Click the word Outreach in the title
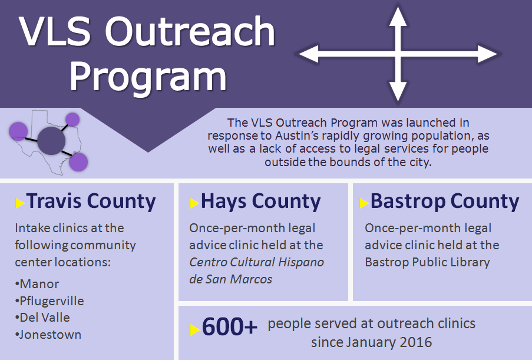[x=190, y=31]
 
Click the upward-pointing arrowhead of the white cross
[x=398, y=16]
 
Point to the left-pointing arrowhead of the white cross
[x=308, y=54]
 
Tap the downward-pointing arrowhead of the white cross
[x=398, y=91]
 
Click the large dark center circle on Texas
[x=51, y=141]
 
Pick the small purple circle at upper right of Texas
[x=72, y=120]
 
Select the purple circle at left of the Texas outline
[x=18, y=131]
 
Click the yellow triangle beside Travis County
[x=20, y=203]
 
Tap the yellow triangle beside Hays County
[x=194, y=203]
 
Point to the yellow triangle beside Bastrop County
[x=364, y=203]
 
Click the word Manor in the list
[x=39, y=284]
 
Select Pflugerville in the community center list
[x=52, y=301]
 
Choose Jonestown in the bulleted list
[x=50, y=335]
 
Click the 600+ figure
[x=229, y=326]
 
